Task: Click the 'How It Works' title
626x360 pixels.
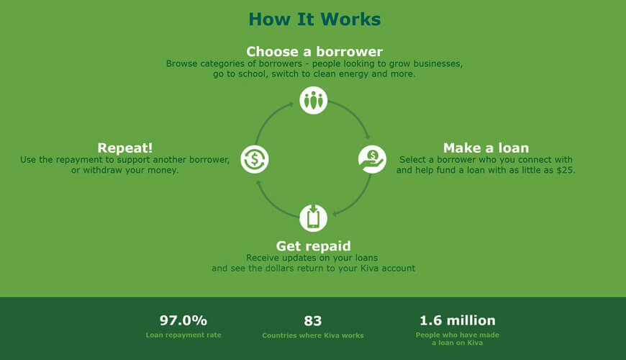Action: (x=314, y=19)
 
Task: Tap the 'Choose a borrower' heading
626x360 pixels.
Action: (x=314, y=52)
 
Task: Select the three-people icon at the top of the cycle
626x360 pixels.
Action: (x=314, y=100)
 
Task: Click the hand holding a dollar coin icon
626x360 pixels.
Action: (x=372, y=159)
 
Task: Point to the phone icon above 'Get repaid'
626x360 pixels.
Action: (x=314, y=218)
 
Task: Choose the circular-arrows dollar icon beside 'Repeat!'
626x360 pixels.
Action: (x=255, y=159)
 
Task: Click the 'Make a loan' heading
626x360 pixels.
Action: (x=486, y=148)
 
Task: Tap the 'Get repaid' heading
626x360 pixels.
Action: (x=314, y=246)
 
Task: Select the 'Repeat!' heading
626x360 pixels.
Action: (x=125, y=148)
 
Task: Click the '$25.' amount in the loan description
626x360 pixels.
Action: (x=566, y=170)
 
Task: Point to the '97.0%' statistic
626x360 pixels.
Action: (x=183, y=320)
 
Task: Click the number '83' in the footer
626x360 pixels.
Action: (x=312, y=320)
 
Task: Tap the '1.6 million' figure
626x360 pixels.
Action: (x=458, y=320)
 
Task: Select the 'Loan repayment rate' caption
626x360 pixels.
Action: (x=183, y=335)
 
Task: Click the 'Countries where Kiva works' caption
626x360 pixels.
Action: (x=312, y=336)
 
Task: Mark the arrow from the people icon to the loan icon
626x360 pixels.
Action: (x=355, y=113)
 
